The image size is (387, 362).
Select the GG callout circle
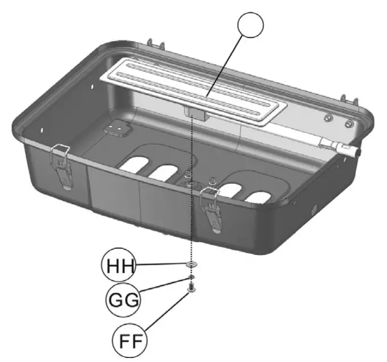[123, 298]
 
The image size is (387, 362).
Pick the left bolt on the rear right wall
[328, 118]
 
